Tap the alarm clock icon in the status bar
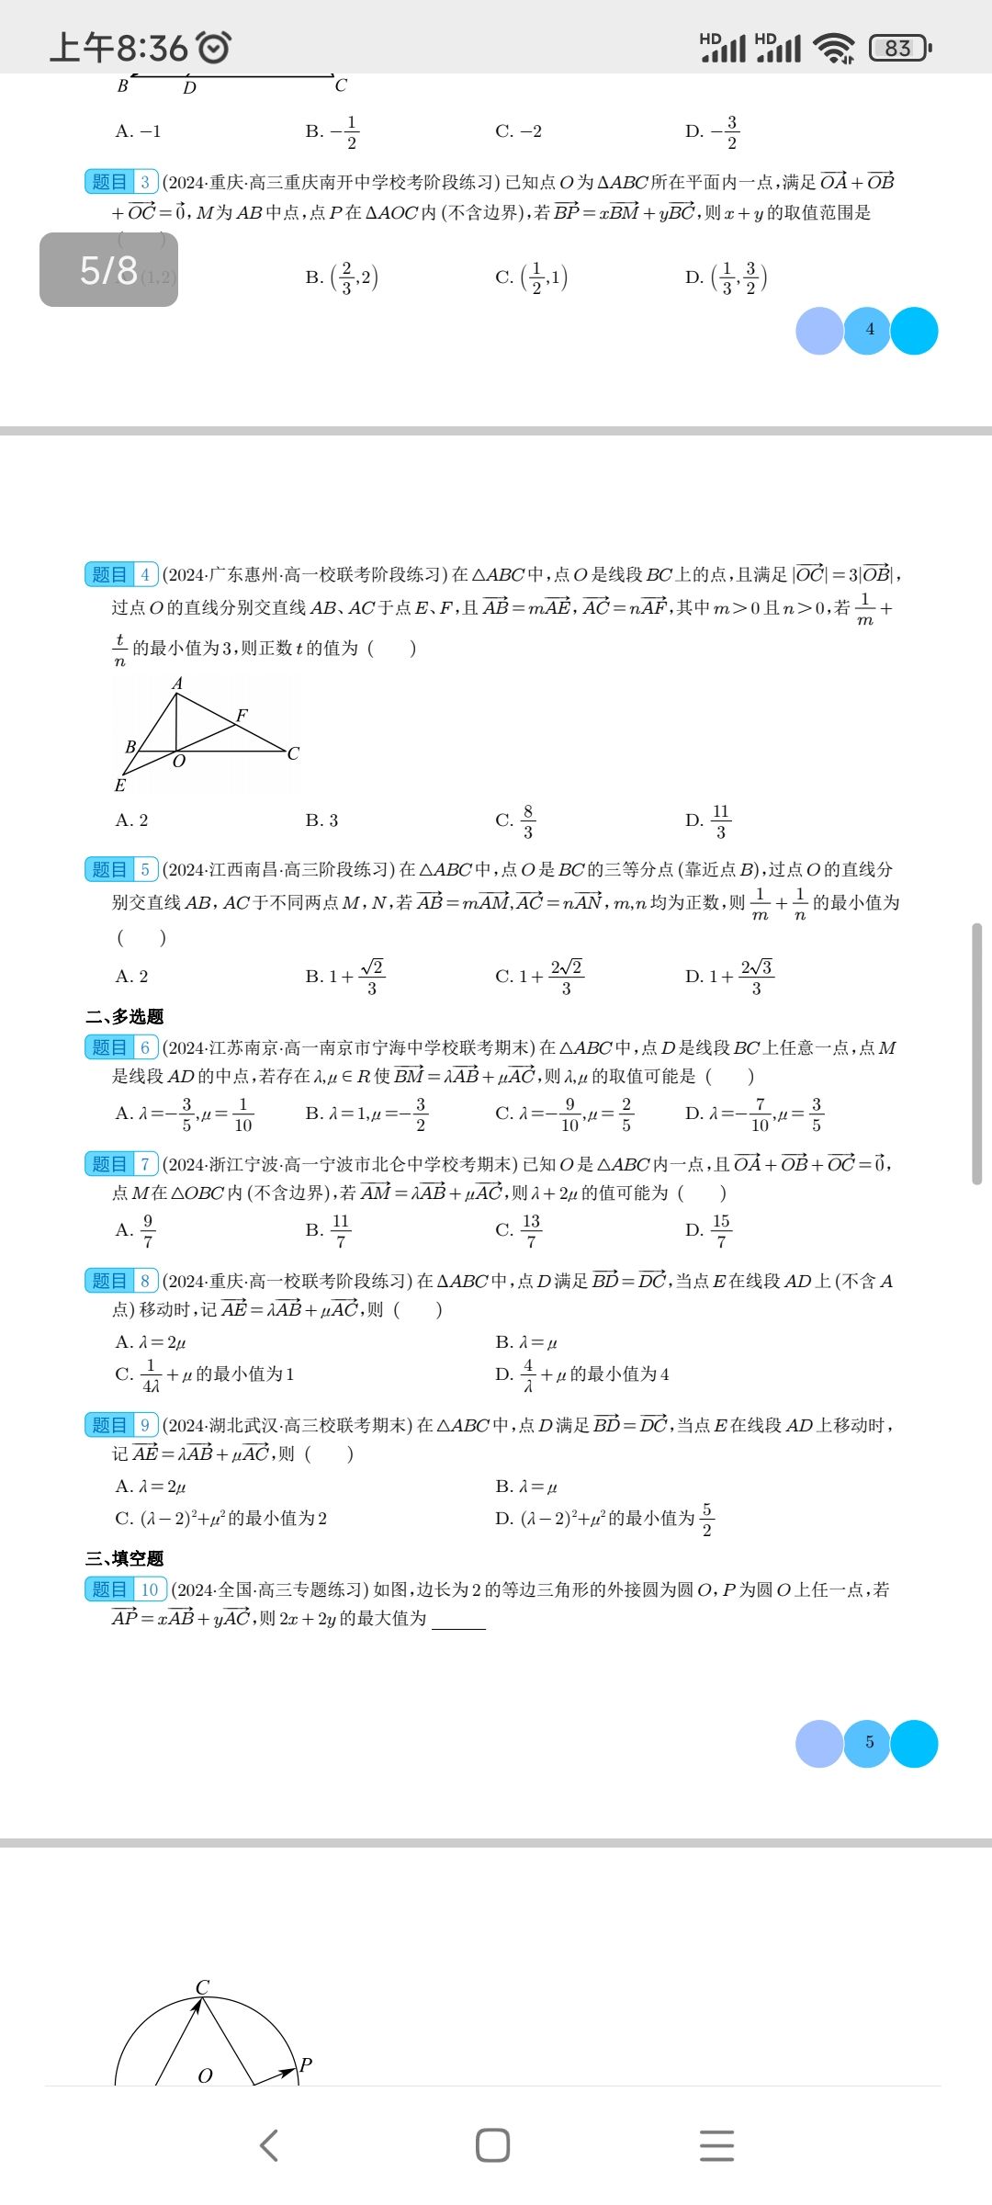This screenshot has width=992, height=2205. click(214, 47)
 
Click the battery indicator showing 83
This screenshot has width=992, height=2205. click(899, 48)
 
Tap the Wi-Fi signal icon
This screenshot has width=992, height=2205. click(834, 48)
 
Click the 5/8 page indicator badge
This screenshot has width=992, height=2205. click(108, 269)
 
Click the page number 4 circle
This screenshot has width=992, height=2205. click(869, 330)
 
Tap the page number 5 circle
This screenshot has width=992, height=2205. click(869, 1743)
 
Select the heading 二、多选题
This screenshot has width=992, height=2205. click(125, 1016)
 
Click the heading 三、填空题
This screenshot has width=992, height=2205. click(125, 1558)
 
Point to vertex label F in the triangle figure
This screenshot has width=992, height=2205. click(242, 715)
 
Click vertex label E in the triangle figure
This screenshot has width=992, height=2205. click(120, 786)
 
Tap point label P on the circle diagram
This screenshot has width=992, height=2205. click(306, 2064)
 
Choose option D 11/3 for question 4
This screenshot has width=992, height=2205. click(708, 820)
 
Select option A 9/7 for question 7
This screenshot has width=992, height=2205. click(136, 1230)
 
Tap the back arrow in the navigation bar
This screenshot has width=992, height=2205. click(269, 2145)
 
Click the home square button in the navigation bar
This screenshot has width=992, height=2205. click(493, 2145)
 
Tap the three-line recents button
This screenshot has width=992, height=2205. click(716, 2145)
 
